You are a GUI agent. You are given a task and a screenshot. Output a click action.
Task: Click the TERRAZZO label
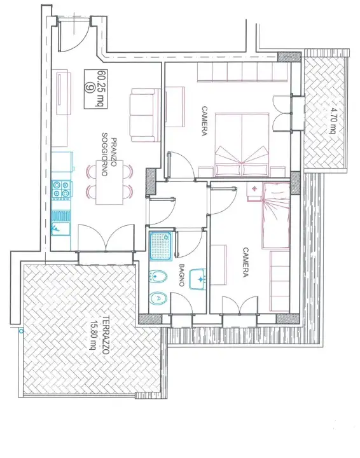click(x=105, y=335)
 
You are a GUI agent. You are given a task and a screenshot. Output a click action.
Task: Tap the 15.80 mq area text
click(x=93, y=335)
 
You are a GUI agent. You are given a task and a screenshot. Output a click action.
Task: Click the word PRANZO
click(x=114, y=153)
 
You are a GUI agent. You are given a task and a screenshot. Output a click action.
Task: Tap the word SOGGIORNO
click(x=104, y=154)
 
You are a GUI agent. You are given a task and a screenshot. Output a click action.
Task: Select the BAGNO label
click(x=182, y=275)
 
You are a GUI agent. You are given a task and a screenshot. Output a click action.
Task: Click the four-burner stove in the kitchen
click(x=61, y=190)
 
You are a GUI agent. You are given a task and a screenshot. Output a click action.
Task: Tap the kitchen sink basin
click(x=60, y=228)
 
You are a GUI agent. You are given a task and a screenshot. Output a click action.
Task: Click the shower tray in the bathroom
click(x=161, y=246)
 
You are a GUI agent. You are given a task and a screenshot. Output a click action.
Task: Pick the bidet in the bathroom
click(x=158, y=276)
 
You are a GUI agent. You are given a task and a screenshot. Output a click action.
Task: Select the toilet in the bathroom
click(x=158, y=298)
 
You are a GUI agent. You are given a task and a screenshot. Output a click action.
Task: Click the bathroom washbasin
click(x=198, y=279)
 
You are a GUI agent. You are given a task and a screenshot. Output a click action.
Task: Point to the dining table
click(x=109, y=183)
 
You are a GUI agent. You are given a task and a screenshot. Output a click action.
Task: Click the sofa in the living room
click(x=145, y=115)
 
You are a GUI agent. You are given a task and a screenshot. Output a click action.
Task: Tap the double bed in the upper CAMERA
click(x=242, y=145)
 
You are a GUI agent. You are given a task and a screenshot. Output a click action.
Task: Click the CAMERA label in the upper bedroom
click(x=205, y=121)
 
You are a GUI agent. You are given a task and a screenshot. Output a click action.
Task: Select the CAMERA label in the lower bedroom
click(x=246, y=262)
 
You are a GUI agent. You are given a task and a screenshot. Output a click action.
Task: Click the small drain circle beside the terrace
click(x=21, y=331)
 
